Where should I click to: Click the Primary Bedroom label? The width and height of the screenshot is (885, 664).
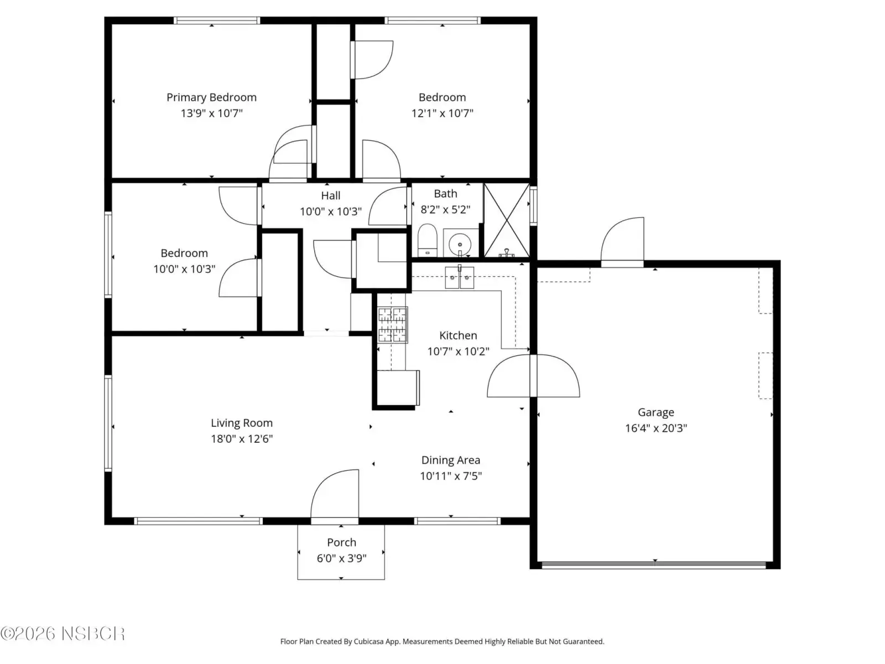tap(211, 97)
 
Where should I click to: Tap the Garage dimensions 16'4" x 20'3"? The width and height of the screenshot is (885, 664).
tap(655, 428)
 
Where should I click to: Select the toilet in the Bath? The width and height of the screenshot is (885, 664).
tap(427, 240)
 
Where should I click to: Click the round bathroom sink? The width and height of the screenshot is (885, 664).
tap(460, 243)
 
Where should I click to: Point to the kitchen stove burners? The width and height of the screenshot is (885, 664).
tap(392, 325)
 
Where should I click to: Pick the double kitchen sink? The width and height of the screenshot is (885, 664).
tap(459, 277)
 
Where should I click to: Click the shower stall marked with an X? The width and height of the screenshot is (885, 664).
tap(507, 220)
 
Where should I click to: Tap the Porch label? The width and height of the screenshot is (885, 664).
tap(341, 542)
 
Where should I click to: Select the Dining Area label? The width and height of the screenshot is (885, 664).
tap(450, 460)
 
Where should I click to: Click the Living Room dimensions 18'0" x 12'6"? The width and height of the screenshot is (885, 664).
tap(242, 439)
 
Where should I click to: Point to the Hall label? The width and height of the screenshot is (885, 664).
tap(331, 195)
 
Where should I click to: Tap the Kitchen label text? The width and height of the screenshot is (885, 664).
tap(458, 335)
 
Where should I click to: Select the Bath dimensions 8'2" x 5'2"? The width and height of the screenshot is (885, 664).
tap(445, 210)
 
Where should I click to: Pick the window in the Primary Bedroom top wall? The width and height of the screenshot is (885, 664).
tap(217, 20)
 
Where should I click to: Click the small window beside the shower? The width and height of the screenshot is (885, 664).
tap(533, 206)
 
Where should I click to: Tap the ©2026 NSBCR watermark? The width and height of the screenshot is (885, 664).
tap(63, 634)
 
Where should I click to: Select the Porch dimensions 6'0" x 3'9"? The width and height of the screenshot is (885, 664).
tap(341, 558)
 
